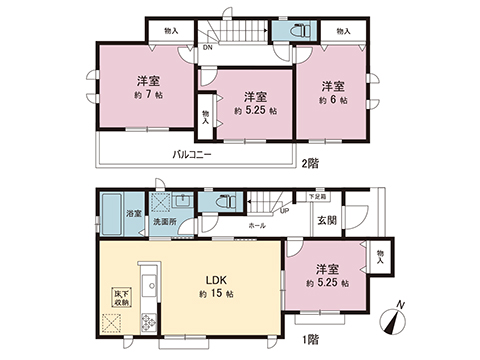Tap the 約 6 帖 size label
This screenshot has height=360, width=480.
tap(332, 100)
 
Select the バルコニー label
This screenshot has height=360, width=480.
tap(190, 154)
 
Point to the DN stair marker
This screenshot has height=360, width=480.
tap(207, 47)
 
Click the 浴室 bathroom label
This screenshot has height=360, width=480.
tap(132, 214)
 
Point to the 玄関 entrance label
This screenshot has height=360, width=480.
tap(327, 221)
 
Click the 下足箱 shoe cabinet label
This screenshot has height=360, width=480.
tap(317, 198)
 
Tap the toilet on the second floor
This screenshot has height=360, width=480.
tap(296, 33)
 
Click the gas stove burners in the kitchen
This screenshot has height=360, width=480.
tap(148, 323)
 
